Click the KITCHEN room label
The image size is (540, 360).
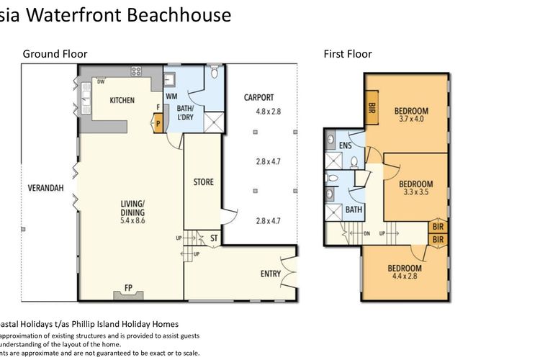click(122, 101)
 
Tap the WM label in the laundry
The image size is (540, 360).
click(171, 96)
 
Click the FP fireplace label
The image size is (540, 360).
click(129, 288)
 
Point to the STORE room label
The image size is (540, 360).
click(203, 182)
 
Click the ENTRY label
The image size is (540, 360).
click(271, 274)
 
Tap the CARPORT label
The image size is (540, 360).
click(258, 97)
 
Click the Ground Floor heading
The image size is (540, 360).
click(55, 53)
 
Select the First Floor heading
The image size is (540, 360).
click(348, 53)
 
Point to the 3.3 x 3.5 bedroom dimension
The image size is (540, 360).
click(415, 193)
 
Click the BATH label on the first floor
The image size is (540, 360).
click(353, 210)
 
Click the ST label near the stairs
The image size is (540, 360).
click(213, 238)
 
